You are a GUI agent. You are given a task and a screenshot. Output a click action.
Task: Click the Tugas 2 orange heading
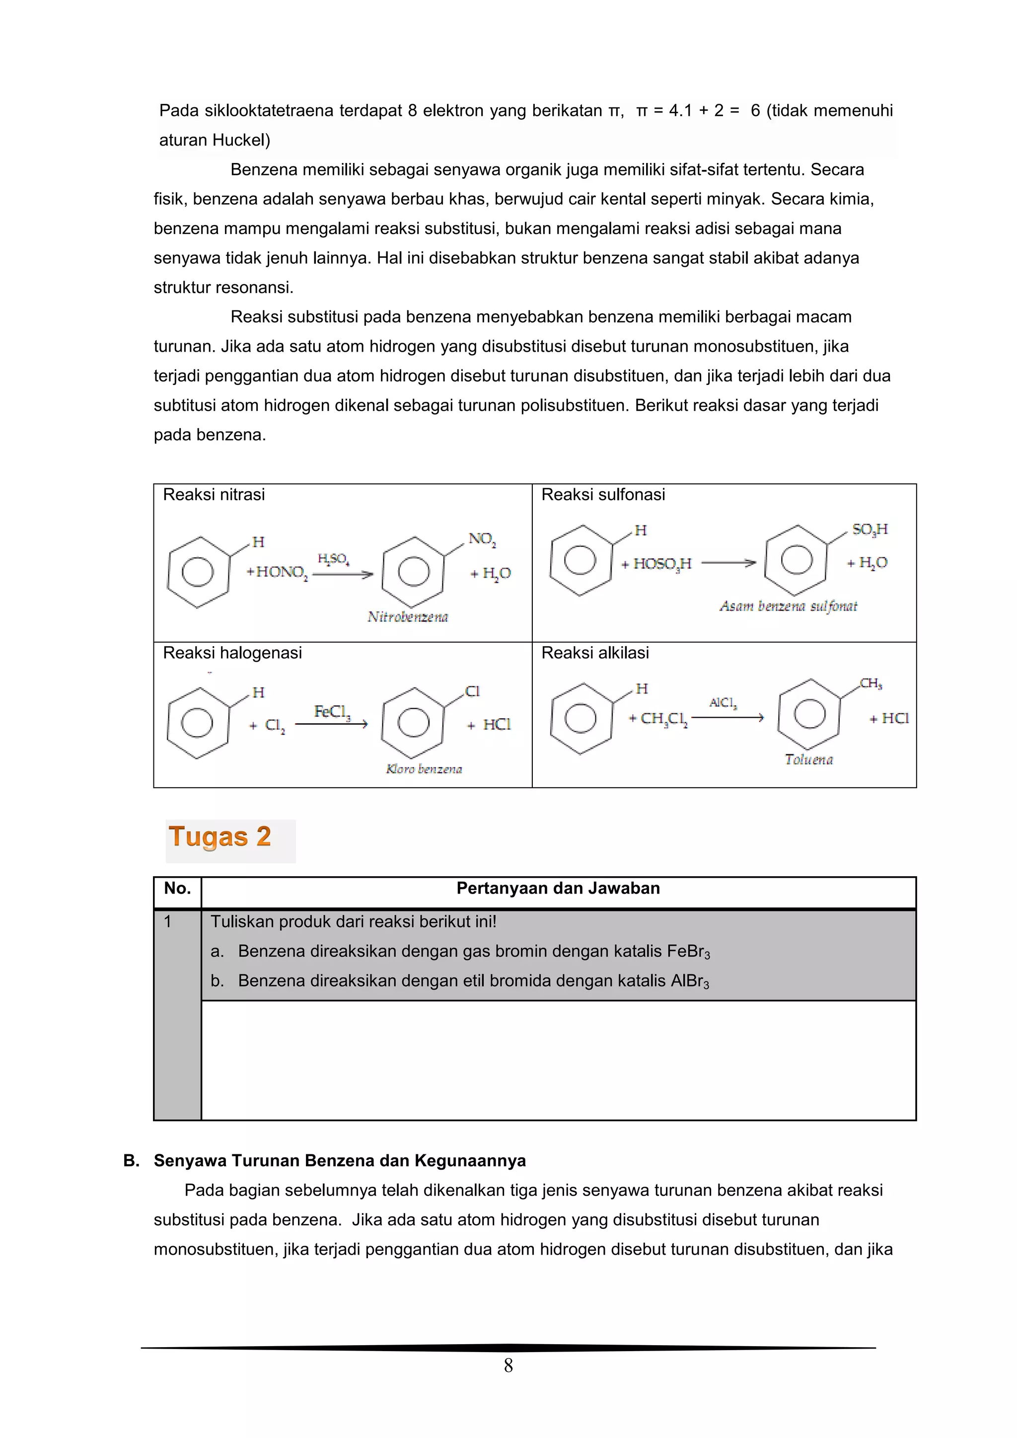click(220, 837)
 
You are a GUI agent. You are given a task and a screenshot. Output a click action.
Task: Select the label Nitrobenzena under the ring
click(408, 617)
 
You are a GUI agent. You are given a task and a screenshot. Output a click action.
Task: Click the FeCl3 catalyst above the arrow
click(332, 711)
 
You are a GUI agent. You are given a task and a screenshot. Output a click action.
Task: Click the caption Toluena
click(808, 759)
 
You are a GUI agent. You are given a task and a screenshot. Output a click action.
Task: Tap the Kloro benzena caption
click(424, 769)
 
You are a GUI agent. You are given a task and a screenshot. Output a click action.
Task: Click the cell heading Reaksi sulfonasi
click(602, 495)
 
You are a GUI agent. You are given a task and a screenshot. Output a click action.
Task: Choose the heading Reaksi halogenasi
click(232, 653)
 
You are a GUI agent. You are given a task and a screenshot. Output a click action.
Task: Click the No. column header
click(177, 888)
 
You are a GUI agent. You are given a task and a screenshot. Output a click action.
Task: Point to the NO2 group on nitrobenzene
click(482, 539)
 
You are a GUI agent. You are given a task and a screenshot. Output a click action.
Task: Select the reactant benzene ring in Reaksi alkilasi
click(581, 718)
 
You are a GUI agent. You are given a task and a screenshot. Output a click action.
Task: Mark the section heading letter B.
click(131, 1160)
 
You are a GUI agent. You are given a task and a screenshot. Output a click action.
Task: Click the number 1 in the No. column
click(167, 921)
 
